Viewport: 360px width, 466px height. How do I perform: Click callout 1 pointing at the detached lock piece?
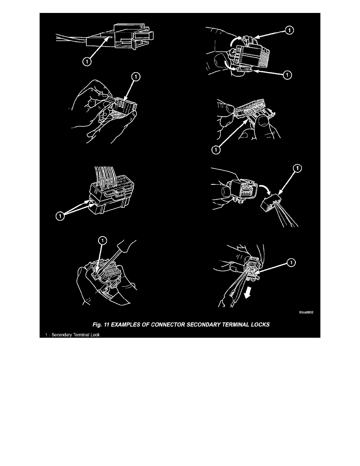tap(298, 169)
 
